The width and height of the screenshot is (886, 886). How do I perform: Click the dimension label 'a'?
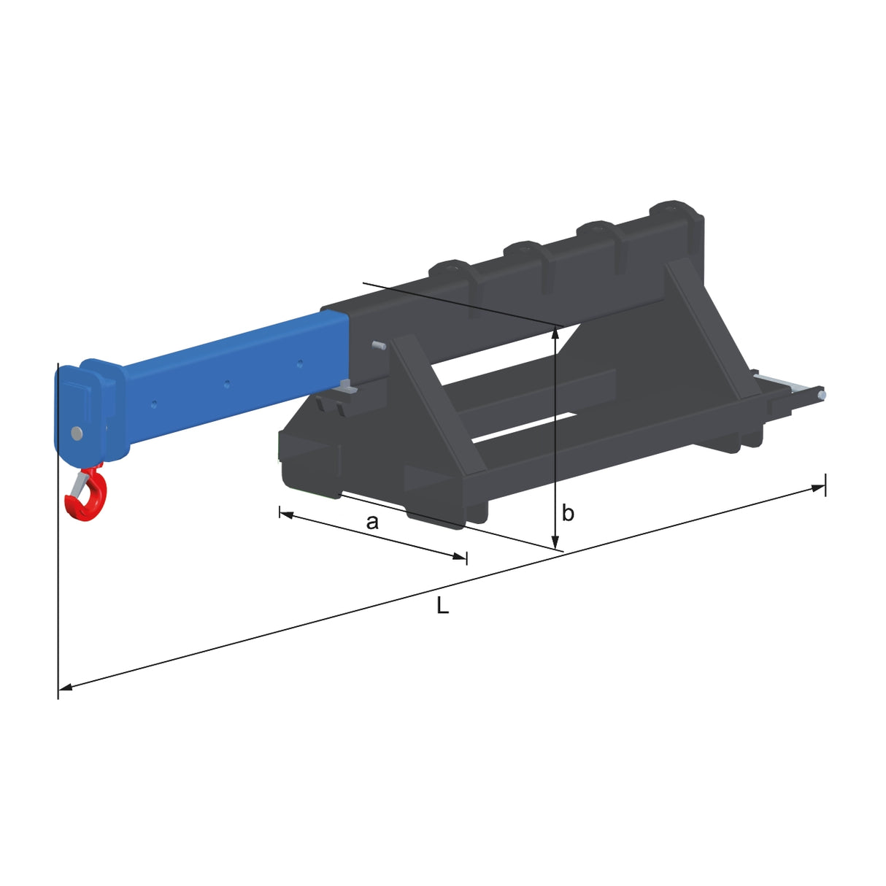click(x=372, y=522)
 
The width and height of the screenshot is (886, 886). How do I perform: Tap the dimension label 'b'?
click(x=568, y=512)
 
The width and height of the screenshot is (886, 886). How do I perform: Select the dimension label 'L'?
click(x=442, y=606)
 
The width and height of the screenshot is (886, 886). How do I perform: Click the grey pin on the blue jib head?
click(x=77, y=433)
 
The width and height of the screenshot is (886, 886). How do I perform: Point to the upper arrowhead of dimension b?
click(x=555, y=333)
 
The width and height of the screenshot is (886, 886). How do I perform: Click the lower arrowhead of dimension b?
click(x=555, y=540)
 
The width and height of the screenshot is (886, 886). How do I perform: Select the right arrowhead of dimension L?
click(x=818, y=488)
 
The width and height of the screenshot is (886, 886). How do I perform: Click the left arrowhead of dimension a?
click(x=286, y=515)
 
